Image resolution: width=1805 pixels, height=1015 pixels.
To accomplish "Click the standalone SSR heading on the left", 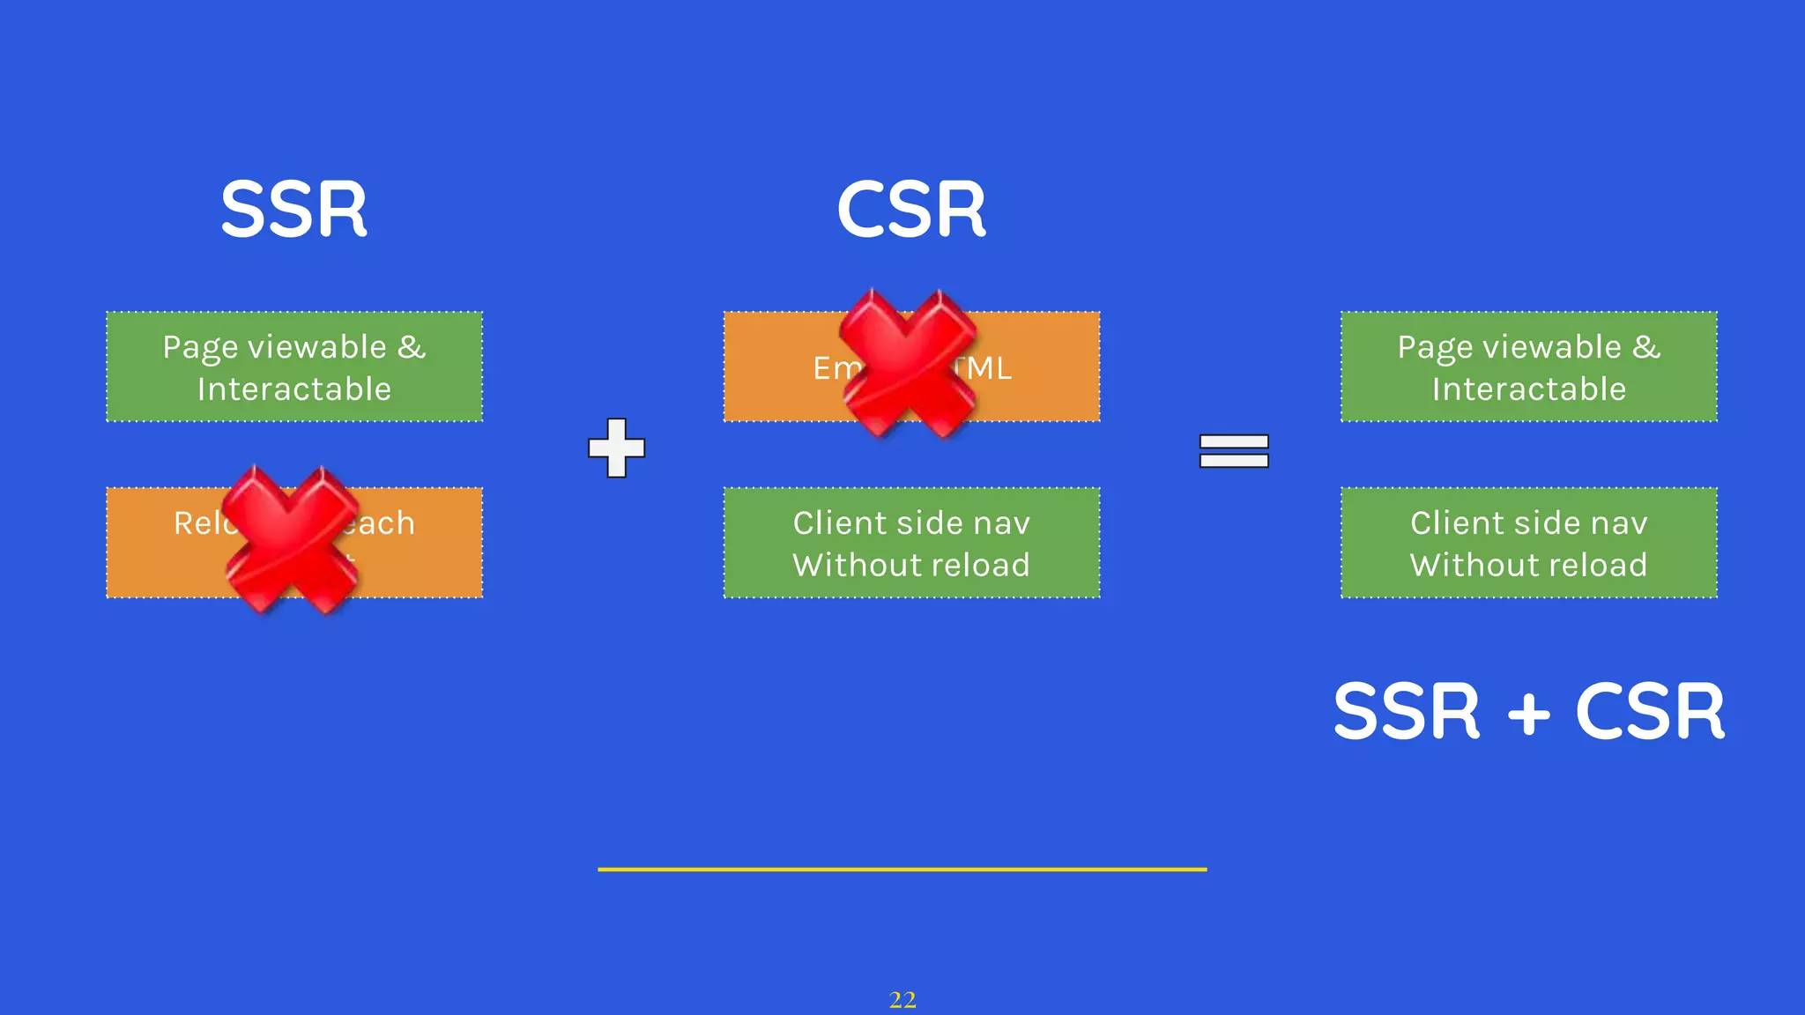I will pos(293,210).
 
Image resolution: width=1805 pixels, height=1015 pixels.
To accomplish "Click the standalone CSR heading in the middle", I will pos(911,210).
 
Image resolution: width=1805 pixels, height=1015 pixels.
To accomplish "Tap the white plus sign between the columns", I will pos(617,448).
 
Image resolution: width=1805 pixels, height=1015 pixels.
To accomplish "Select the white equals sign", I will pos(1234,450).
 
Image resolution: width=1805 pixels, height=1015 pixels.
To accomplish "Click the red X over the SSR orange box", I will pos(291,539).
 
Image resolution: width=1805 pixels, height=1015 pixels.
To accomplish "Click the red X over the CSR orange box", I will pos(908,363).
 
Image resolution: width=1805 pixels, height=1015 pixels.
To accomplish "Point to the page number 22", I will pos(902,999).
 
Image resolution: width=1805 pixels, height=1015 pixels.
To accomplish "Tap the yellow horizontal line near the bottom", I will pos(902,869).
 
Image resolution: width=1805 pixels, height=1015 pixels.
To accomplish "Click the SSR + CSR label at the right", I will pos(1529,711).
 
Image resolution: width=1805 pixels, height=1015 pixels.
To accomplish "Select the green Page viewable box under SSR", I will pos(294,367).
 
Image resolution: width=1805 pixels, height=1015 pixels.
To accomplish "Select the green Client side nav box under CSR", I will pos(911,543).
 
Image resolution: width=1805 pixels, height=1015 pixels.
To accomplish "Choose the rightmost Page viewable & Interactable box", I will pos(1529,367).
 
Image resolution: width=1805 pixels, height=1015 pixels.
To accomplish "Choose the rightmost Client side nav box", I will pos(1529,543).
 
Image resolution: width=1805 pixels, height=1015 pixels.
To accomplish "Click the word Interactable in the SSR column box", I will pos(294,389).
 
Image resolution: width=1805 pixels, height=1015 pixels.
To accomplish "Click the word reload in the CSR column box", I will pos(988,565).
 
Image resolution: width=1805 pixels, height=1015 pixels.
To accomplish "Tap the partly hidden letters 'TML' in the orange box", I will pos(987,367).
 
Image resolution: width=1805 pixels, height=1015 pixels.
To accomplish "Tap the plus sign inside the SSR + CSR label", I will pos(1529,713).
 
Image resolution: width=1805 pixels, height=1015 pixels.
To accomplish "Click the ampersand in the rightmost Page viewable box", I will pos(1645,346).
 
